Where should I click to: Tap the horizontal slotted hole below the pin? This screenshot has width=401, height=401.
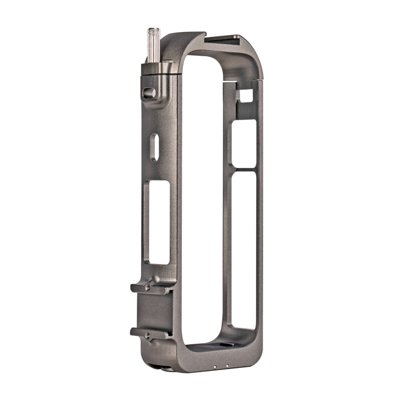[x=149, y=93]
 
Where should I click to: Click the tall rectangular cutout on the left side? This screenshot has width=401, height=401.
[x=159, y=221]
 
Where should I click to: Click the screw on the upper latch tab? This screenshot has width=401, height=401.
[x=147, y=287]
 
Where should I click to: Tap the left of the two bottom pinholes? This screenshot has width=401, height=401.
[x=214, y=367]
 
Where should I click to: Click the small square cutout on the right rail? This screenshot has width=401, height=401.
[x=245, y=96]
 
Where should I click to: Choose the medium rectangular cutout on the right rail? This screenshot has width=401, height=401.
[x=244, y=143]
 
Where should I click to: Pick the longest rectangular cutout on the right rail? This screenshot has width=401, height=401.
[x=244, y=249]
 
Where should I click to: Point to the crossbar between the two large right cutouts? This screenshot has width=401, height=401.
[x=244, y=169]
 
